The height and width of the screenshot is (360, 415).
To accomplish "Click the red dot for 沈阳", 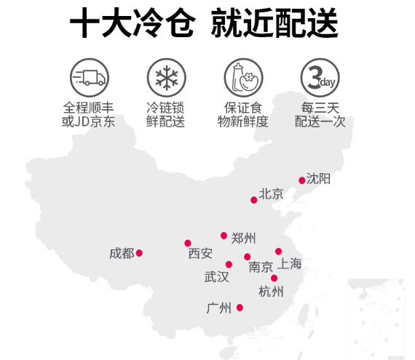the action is coord(301,180).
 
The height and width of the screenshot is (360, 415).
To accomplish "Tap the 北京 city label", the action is coord(271,193).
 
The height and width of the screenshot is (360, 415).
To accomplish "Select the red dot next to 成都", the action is coord(139,253).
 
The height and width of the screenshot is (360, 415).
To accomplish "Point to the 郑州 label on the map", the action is coord(243,239).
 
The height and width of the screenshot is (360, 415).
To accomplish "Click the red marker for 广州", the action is coord(240,308).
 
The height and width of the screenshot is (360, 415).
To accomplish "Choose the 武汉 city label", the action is coord(216,277).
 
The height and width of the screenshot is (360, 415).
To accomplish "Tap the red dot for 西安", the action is coord(188,243).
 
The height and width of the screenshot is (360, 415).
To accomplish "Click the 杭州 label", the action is coord(271,292).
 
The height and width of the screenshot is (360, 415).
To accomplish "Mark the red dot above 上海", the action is coord(278,252).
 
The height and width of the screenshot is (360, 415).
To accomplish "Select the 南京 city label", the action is coord(261,267).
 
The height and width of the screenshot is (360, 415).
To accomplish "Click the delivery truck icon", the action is coord(90,78).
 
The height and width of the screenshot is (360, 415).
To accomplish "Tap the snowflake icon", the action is coord(167,78).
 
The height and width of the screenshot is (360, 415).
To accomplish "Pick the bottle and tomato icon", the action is coord(243,78).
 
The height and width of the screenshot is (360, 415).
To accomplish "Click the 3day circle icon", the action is coord(320,78).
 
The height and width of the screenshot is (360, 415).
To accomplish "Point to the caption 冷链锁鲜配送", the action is coord(165,114).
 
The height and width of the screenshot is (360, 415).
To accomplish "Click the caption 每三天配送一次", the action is coord(320,114).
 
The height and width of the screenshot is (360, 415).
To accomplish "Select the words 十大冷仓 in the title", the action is coord(133,23).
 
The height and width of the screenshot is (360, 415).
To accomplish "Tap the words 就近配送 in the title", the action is coord(274,23).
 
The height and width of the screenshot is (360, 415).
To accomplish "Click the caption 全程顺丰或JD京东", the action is coord(88,114).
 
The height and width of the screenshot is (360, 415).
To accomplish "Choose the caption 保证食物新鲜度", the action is coord(243,114).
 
